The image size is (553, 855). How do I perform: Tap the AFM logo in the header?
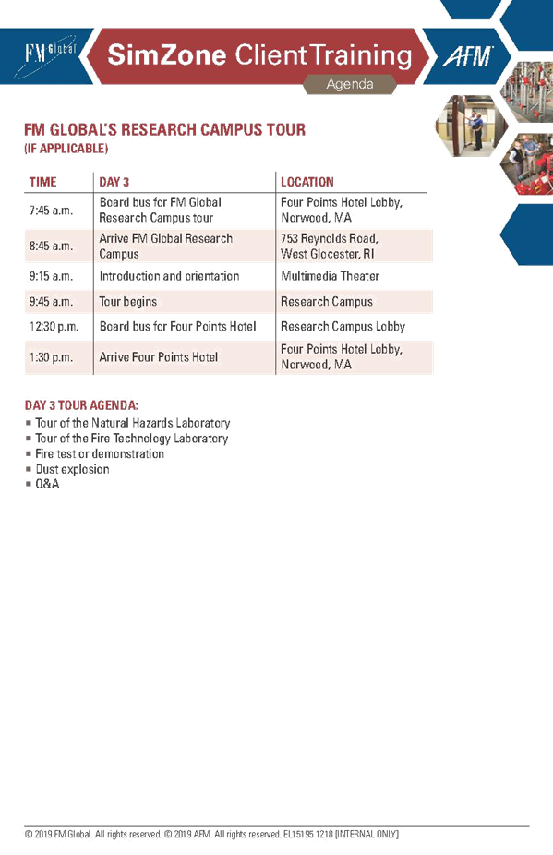(x=468, y=56)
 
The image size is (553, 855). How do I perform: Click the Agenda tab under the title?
(x=350, y=84)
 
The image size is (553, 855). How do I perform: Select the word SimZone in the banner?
(x=167, y=55)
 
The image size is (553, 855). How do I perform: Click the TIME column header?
(x=43, y=182)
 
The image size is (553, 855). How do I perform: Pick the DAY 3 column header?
(x=114, y=182)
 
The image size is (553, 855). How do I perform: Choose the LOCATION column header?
(x=307, y=182)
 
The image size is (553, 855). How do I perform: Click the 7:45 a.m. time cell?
(x=52, y=211)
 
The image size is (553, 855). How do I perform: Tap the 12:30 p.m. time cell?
(x=54, y=327)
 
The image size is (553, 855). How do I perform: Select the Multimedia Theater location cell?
(x=330, y=276)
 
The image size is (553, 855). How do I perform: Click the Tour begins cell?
(x=128, y=302)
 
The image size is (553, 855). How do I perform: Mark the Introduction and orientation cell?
(x=169, y=276)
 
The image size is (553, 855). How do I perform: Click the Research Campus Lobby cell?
(x=343, y=327)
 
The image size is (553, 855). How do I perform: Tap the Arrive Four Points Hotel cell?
(x=159, y=357)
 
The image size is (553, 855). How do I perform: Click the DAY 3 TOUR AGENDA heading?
(x=81, y=405)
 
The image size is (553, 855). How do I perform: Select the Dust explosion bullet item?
(x=73, y=469)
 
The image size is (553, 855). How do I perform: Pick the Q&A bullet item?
(x=47, y=484)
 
